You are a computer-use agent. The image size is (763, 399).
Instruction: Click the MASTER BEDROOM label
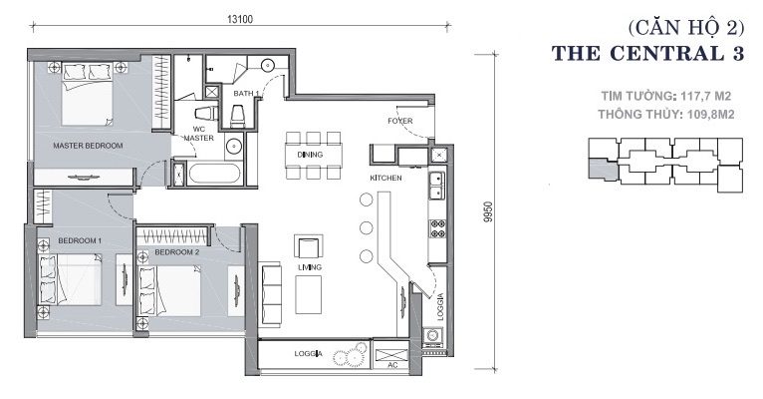click(x=88, y=146)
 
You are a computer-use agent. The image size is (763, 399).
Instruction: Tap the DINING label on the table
click(x=310, y=155)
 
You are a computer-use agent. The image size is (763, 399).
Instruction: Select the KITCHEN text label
click(x=385, y=178)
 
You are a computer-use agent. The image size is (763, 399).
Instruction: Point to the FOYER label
click(x=400, y=121)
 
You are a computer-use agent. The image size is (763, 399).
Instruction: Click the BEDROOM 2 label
click(x=177, y=252)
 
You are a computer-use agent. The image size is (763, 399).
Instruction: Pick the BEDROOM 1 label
click(x=80, y=240)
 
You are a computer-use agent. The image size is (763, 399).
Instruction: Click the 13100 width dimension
click(x=240, y=19)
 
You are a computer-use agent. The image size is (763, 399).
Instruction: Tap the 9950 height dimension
click(x=488, y=211)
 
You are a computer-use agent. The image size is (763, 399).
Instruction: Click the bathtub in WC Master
click(x=214, y=174)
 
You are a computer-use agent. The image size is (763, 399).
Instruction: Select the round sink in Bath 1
click(x=268, y=65)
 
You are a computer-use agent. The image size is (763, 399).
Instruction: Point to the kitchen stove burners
click(x=437, y=228)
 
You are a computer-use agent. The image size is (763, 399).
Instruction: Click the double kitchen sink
click(x=437, y=186)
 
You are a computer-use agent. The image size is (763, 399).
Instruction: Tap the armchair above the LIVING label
click(x=309, y=246)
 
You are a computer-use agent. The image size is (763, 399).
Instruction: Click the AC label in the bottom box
click(x=393, y=365)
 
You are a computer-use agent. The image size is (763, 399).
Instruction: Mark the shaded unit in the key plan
click(x=603, y=169)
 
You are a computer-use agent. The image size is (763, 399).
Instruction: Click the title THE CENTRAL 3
click(x=647, y=53)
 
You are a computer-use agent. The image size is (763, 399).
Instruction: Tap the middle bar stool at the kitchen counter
click(x=366, y=227)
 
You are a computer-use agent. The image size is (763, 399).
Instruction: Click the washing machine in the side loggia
click(x=432, y=335)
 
